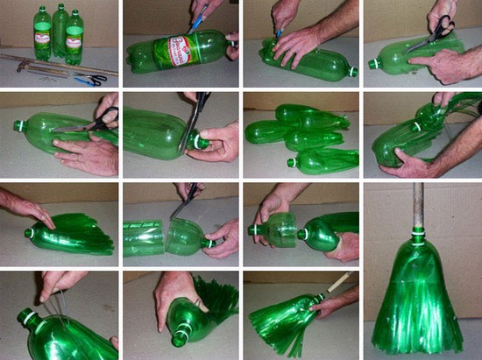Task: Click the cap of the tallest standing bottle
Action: click(x=60, y=7)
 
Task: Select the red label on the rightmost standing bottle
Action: click(x=75, y=40)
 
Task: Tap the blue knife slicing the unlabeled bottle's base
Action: click(x=280, y=33)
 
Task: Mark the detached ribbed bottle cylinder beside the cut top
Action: click(x=143, y=238)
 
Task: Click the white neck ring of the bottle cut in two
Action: click(x=205, y=242)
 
